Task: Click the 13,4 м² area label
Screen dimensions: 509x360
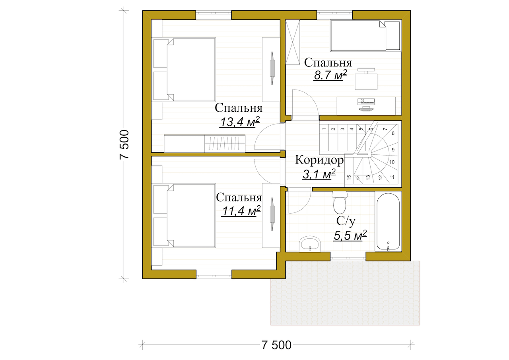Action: coord(239,122)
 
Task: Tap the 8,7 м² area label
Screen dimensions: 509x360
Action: coord(330,75)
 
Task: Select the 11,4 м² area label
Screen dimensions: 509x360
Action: coord(241,211)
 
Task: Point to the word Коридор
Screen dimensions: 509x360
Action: coord(319,160)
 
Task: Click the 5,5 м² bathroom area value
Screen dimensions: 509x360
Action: coord(350,235)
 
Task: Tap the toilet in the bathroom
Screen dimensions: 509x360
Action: coord(340,202)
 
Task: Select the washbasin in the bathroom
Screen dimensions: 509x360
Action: coord(310,244)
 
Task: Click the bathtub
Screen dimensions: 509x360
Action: coord(388,222)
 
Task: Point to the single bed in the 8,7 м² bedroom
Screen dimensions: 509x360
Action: coord(365,35)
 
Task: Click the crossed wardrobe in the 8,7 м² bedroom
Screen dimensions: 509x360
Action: coord(293,42)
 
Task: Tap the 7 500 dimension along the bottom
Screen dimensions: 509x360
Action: coord(276,345)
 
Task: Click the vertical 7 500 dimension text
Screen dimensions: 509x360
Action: coord(124,144)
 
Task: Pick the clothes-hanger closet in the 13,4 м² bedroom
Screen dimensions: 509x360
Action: coord(225,144)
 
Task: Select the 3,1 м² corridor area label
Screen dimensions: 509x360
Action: coord(319,174)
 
